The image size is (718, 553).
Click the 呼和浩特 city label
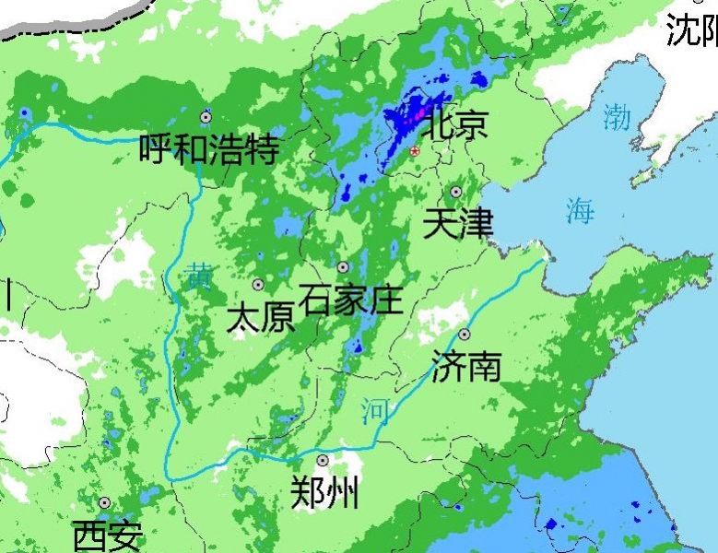[208, 148]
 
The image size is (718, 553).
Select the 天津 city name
[458, 224]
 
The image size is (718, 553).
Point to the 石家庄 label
[351, 300]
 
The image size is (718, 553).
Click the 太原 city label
[260, 318]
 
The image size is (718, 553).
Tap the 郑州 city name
[324, 494]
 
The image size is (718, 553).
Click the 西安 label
[108, 535]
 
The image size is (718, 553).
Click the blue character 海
[580, 211]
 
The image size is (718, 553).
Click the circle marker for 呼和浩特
[206, 117]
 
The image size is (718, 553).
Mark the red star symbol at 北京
[416, 150]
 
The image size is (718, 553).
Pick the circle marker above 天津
[455, 192]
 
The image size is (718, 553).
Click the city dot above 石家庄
[343, 267]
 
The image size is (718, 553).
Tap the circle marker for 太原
[258, 285]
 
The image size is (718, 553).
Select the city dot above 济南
[465, 334]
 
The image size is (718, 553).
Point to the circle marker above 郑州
[323, 460]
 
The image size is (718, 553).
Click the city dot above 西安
[105, 503]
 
